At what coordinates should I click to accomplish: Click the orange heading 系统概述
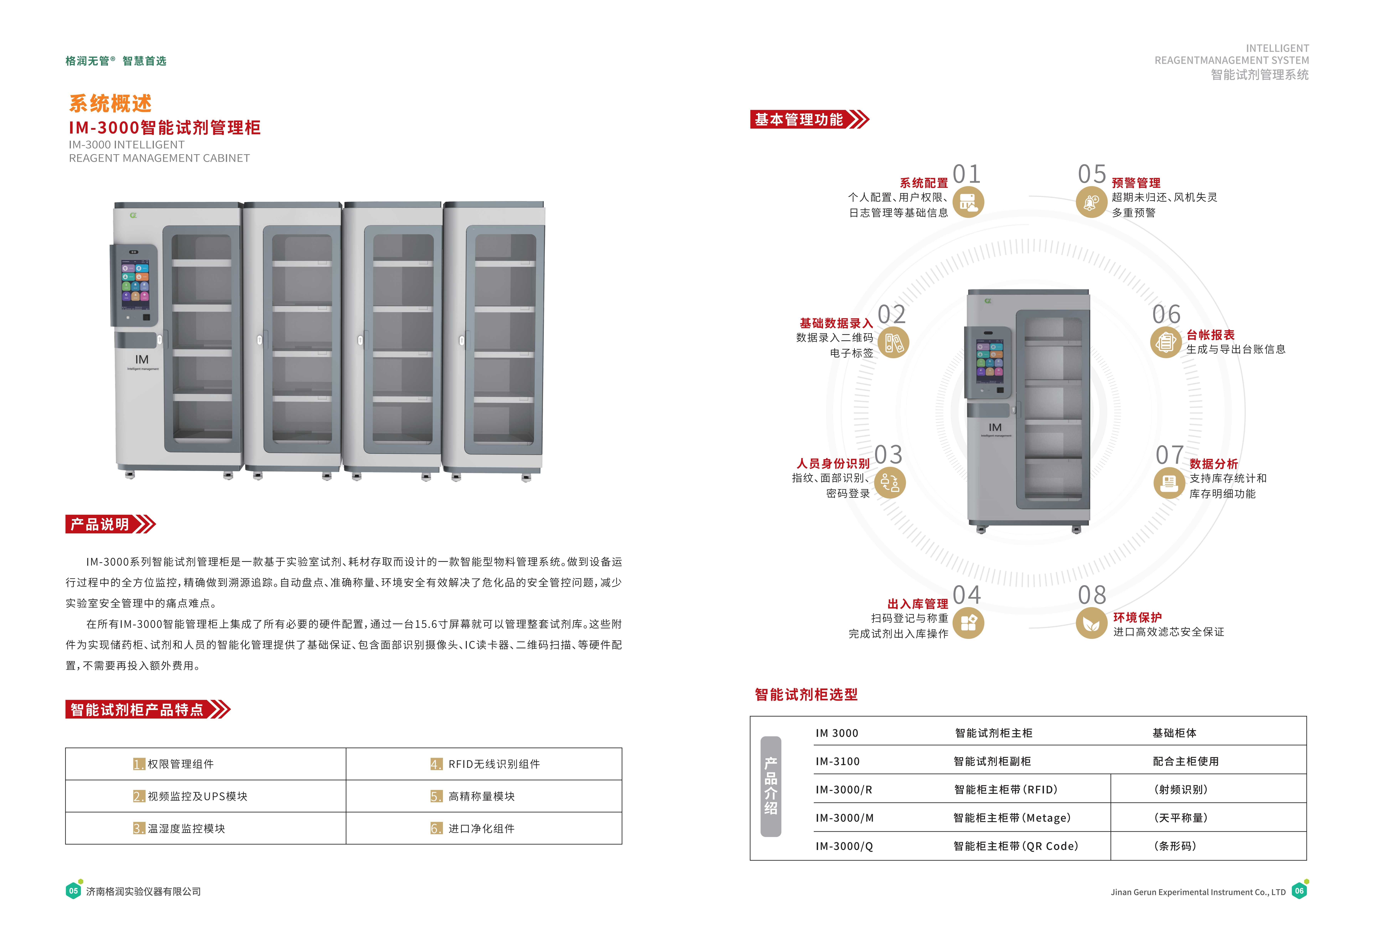(111, 104)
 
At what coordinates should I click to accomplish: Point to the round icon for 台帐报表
(1165, 342)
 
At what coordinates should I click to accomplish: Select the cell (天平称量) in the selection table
(1180, 818)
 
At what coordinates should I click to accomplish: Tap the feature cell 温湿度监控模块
(186, 828)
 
